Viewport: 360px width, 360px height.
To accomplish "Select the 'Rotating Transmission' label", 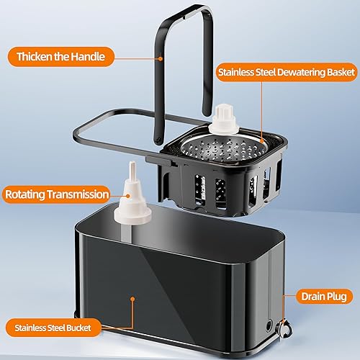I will [x=57, y=194].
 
